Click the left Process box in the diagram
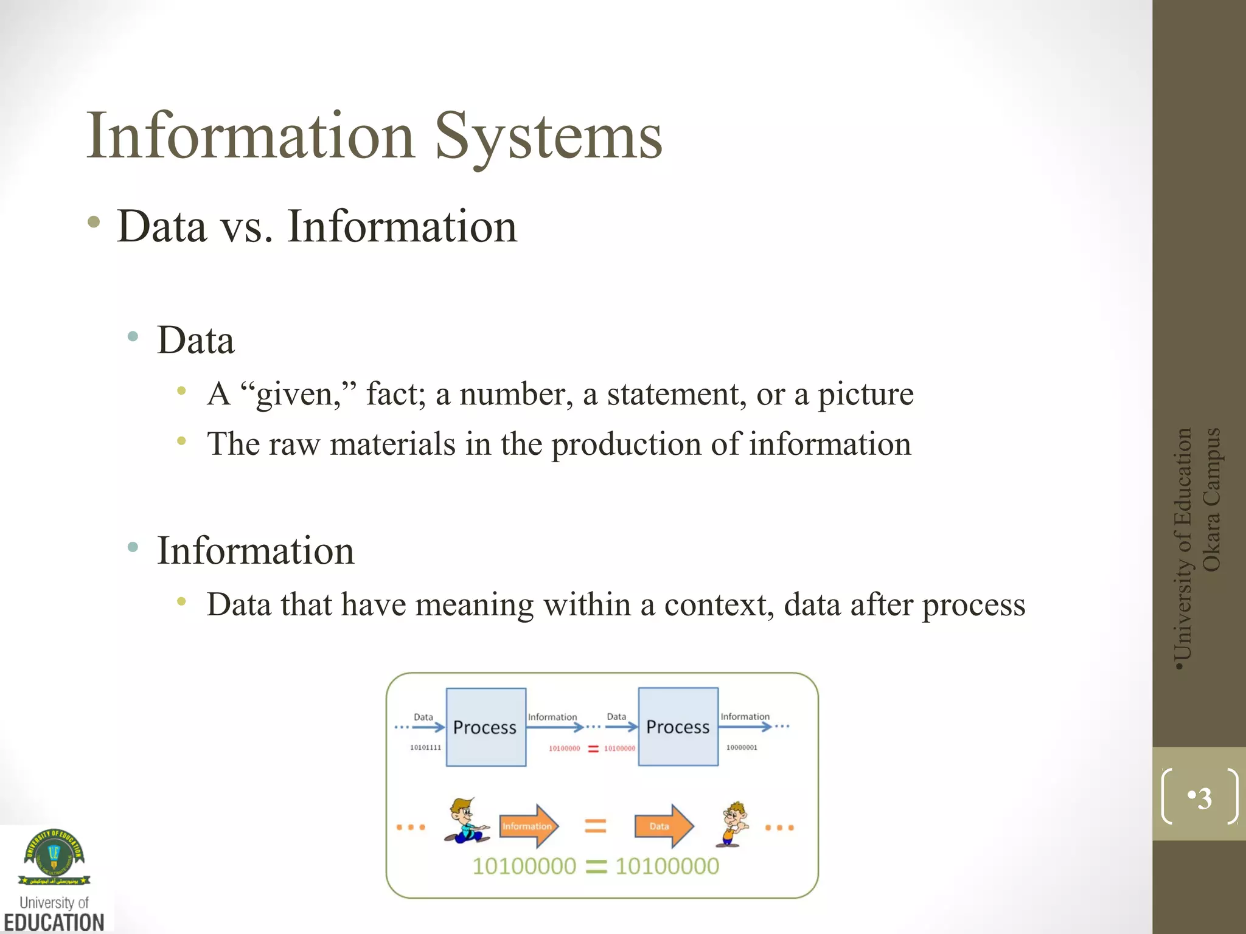(x=486, y=727)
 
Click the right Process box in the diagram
(x=678, y=727)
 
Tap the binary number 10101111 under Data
(x=425, y=747)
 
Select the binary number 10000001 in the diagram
(x=742, y=747)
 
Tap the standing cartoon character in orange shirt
(x=734, y=825)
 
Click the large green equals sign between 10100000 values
(x=596, y=867)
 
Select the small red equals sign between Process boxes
(x=593, y=749)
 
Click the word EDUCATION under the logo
(x=54, y=922)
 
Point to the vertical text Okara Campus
(x=1211, y=500)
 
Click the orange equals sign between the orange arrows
(x=595, y=826)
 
